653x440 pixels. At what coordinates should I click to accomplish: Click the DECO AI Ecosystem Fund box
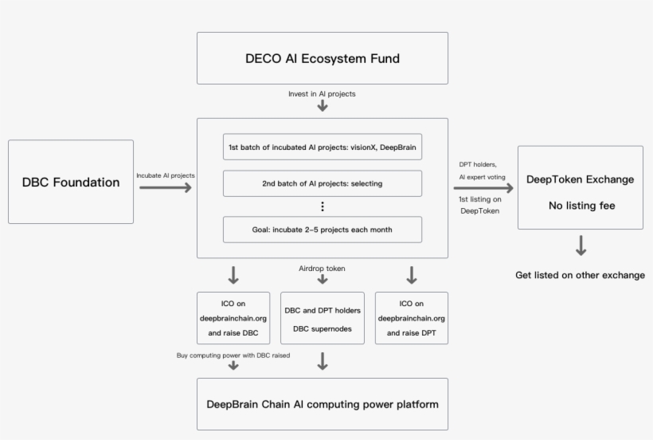click(x=323, y=58)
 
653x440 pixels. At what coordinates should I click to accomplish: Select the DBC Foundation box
click(x=71, y=182)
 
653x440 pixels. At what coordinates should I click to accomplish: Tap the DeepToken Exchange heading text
click(x=580, y=179)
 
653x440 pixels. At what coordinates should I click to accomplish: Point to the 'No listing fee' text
click(x=580, y=206)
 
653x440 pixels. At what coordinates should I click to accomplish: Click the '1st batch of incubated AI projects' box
click(x=323, y=147)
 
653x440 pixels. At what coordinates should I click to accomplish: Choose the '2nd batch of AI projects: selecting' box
click(x=323, y=183)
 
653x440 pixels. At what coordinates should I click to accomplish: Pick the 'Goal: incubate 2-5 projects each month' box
click(x=323, y=230)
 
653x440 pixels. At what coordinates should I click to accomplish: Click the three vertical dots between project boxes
click(x=323, y=206)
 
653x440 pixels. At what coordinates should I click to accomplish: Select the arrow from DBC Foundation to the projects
click(x=166, y=188)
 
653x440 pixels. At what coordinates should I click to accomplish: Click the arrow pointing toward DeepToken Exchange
click(x=483, y=188)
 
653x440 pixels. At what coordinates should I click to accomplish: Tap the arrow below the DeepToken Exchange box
click(x=581, y=246)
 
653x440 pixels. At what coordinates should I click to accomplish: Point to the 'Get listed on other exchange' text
click(x=580, y=275)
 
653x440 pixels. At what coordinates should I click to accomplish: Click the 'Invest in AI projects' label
click(x=322, y=94)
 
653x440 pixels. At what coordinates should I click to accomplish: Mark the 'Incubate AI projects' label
click(x=166, y=175)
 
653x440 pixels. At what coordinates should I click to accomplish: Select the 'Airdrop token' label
click(x=323, y=269)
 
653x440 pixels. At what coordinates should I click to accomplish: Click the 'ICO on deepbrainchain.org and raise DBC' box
click(x=233, y=318)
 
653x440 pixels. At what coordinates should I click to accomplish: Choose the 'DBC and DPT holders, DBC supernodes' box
click(x=323, y=318)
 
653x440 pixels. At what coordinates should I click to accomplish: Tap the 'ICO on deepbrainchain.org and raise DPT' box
click(x=412, y=318)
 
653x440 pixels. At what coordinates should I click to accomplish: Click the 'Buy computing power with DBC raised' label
click(x=233, y=355)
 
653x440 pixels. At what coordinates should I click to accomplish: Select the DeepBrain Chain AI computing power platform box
click(x=323, y=404)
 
